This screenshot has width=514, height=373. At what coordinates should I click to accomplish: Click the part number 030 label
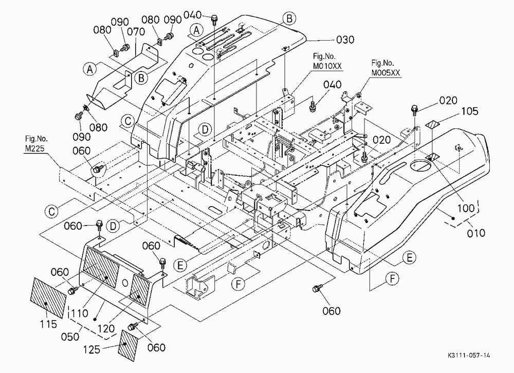[x=345, y=40]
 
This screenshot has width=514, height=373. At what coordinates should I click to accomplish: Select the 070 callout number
[x=136, y=32]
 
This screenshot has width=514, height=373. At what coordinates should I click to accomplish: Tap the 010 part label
[x=475, y=233]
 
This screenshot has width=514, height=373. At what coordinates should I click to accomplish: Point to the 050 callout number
[x=70, y=337]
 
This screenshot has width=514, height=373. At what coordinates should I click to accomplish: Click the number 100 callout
[x=466, y=208]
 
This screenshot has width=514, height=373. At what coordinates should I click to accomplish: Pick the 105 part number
[x=470, y=111]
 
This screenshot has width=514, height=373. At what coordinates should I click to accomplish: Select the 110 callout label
[x=80, y=313]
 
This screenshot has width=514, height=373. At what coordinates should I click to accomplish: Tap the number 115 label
[x=48, y=324]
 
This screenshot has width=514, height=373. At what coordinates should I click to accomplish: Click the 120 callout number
[x=106, y=328]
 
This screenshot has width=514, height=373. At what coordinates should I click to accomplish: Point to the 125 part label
[x=91, y=349]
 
